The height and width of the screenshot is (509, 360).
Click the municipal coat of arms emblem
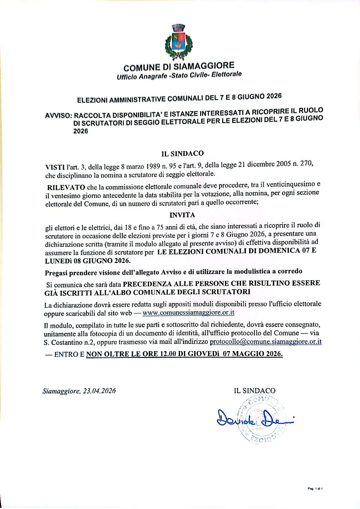click(x=179, y=42)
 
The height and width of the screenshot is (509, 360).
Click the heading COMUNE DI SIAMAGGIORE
click(x=179, y=67)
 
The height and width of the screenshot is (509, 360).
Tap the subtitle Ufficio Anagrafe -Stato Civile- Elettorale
click(x=179, y=76)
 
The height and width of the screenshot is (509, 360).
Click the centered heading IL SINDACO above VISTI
click(x=183, y=154)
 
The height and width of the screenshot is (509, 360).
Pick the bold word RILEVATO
click(x=66, y=187)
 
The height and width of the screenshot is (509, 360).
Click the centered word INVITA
click(x=182, y=215)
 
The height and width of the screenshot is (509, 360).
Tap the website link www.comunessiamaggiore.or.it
click(x=188, y=313)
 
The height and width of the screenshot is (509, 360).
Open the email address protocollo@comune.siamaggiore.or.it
click(x=265, y=341)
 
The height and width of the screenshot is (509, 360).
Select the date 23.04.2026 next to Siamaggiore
click(x=99, y=391)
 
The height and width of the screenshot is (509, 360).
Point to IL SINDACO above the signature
click(x=255, y=391)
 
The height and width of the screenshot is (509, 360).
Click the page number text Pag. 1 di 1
click(x=315, y=488)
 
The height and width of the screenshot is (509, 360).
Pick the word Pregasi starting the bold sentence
click(x=56, y=272)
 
